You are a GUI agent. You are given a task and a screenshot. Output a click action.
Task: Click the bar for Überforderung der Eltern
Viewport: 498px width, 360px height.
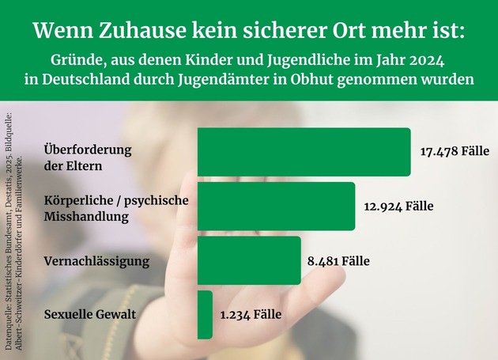click(x=304, y=152)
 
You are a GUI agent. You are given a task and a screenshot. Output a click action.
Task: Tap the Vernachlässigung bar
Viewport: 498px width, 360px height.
click(x=248, y=260)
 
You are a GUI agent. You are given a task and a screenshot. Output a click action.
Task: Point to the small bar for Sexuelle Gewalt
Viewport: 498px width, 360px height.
click(x=205, y=314)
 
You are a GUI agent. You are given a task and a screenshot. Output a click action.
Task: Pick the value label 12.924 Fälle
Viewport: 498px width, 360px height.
click(x=398, y=207)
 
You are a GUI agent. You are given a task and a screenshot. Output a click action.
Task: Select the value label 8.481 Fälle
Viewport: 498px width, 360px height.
click(x=338, y=261)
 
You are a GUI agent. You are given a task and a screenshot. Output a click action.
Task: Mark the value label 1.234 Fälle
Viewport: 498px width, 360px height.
click(x=251, y=315)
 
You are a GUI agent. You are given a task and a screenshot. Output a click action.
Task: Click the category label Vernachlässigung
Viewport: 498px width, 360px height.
click(x=96, y=261)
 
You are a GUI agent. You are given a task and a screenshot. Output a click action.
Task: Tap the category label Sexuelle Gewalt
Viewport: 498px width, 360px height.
click(x=91, y=315)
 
